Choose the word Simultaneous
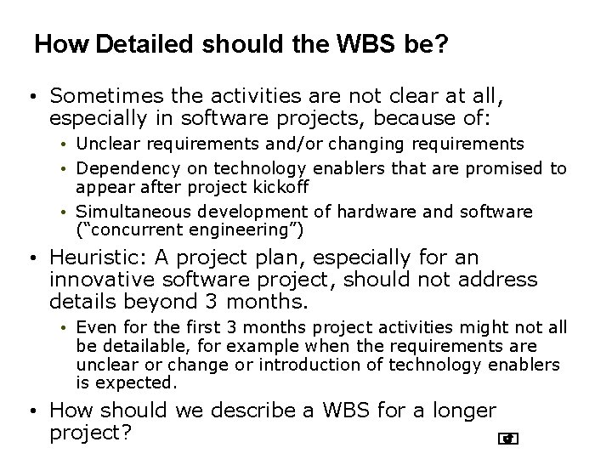[x=126, y=211]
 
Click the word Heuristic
[x=93, y=258]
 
